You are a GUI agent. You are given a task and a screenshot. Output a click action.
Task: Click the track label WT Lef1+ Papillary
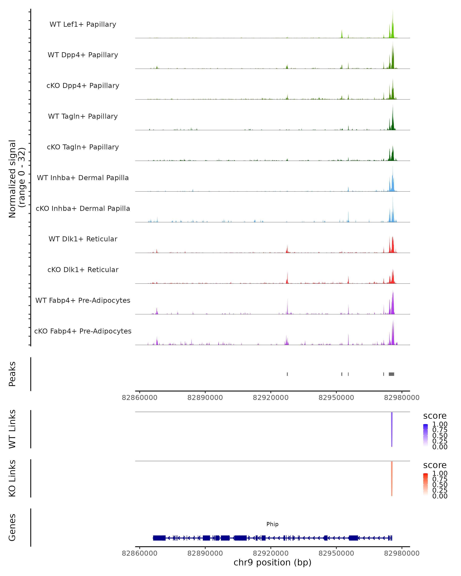tap(83, 24)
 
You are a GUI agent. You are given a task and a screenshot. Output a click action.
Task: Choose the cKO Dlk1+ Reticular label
tap(83, 270)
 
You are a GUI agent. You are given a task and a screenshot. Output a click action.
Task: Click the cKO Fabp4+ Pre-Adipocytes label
tap(83, 331)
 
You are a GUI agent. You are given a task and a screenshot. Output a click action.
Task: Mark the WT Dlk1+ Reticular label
tap(83, 239)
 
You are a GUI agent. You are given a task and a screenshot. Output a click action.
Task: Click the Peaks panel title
tap(12, 374)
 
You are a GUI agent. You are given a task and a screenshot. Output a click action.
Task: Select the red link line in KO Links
tap(392, 478)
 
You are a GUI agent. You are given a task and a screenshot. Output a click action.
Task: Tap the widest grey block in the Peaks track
tap(391, 374)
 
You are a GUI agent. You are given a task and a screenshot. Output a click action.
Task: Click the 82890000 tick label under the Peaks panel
tap(205, 398)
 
